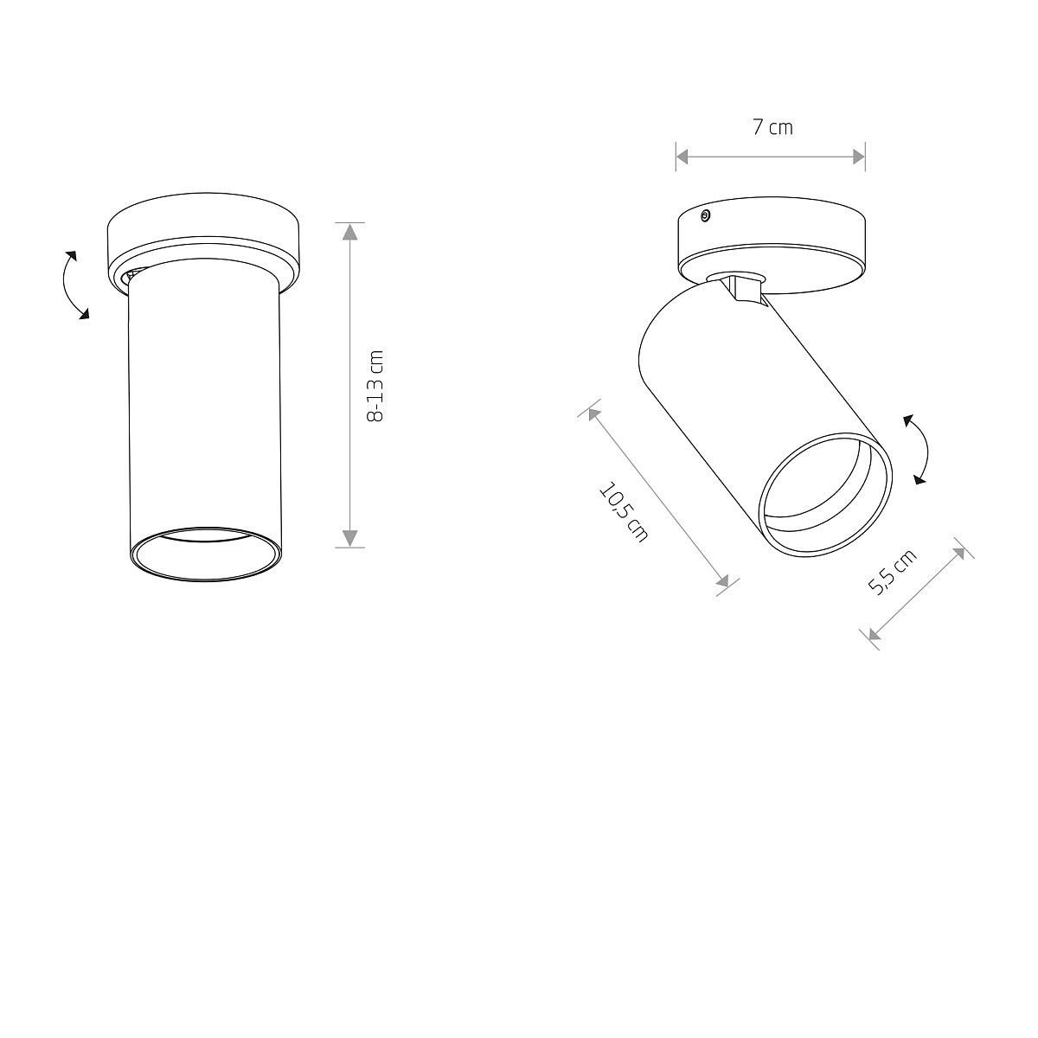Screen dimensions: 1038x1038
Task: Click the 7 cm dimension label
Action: pos(772,128)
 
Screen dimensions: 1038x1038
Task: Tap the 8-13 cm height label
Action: pos(375,386)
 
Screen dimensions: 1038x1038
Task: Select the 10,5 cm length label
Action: pos(625,511)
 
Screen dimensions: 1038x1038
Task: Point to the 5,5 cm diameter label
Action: pos(892,572)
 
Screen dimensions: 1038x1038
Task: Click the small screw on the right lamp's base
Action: pos(705,216)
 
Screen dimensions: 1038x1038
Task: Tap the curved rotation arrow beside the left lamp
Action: pos(72,285)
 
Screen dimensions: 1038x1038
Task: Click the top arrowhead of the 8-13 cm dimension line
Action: pos(350,232)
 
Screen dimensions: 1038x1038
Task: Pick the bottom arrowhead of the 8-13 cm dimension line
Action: pos(350,538)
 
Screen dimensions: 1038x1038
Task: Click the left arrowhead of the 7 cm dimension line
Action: pos(683,157)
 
